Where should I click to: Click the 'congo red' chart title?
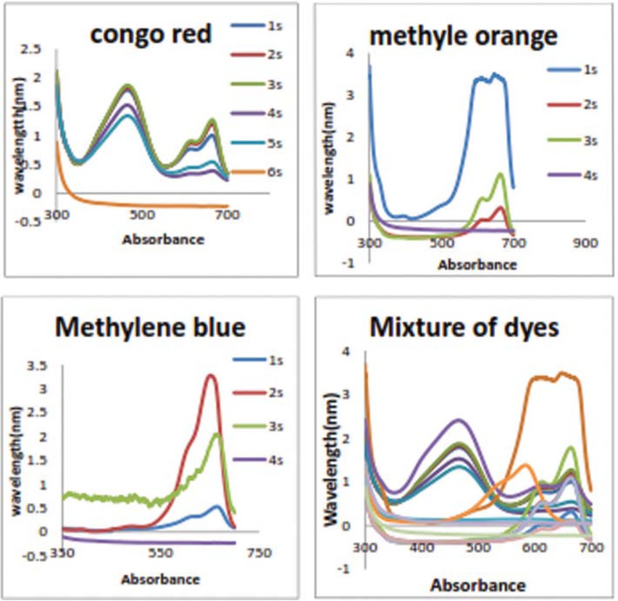(150, 34)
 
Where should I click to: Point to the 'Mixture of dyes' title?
(464, 328)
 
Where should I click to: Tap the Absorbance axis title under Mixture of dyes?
(478, 584)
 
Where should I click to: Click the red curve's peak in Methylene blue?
(210, 375)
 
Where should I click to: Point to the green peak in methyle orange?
(500, 173)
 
